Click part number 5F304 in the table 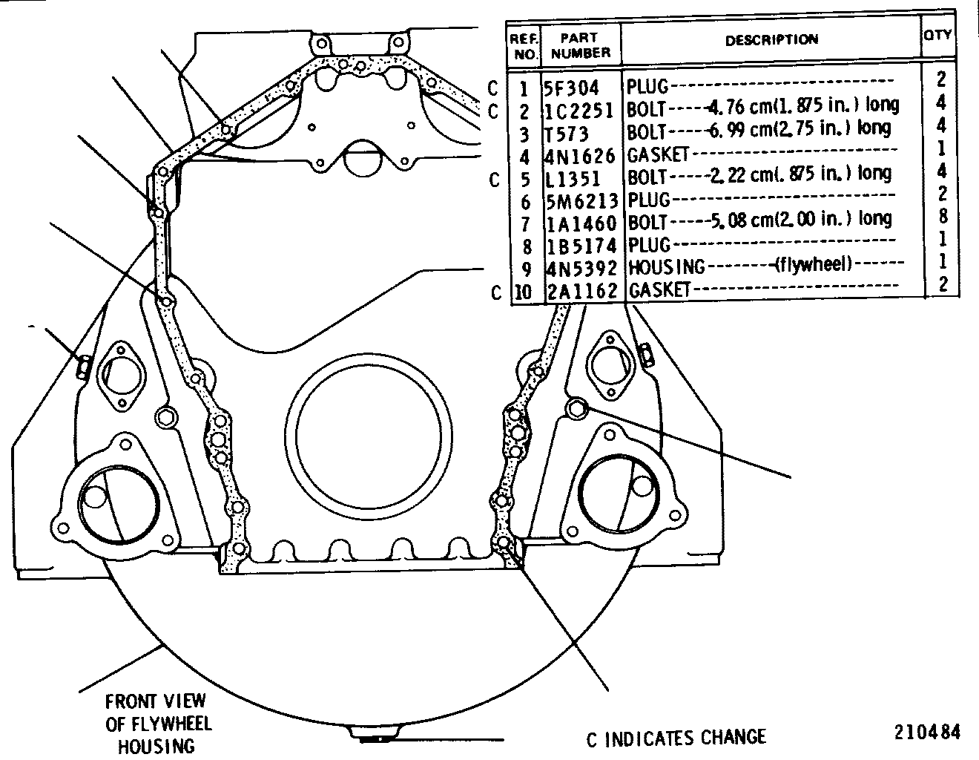pos(571,88)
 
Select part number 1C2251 pos(579,111)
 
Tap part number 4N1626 pos(580,156)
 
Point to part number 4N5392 pos(581,269)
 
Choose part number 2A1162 pos(581,291)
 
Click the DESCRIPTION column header pos(771,40)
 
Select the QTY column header pos(937,35)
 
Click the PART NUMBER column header pos(580,45)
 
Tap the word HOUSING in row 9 pos(666,267)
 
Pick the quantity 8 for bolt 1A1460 pos(943,217)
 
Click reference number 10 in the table pos(523,292)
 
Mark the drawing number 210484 pos(927,732)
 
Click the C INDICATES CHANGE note pos(676,738)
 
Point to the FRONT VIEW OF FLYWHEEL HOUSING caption pos(158,724)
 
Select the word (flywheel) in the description pos(813,263)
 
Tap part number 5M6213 pos(581,201)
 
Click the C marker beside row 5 pos(494,180)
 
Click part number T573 pos(567,134)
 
